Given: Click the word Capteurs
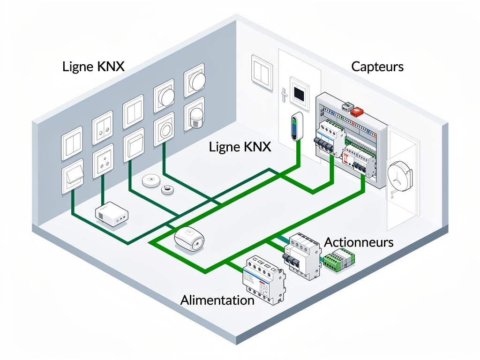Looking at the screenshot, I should (377, 67).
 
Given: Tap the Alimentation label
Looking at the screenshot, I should (217, 300).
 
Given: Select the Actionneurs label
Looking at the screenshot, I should (359, 242).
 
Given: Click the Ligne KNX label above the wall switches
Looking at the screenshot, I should (93, 67).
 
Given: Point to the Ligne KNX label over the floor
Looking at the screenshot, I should (240, 147).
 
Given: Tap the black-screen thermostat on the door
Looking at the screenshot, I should (299, 91).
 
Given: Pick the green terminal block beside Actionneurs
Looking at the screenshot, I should (340, 261).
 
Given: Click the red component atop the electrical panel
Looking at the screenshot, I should (358, 112).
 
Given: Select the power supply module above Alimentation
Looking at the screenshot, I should (263, 280).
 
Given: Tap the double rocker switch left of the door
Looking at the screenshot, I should (262, 72).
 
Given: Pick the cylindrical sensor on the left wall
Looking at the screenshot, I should (195, 116).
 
